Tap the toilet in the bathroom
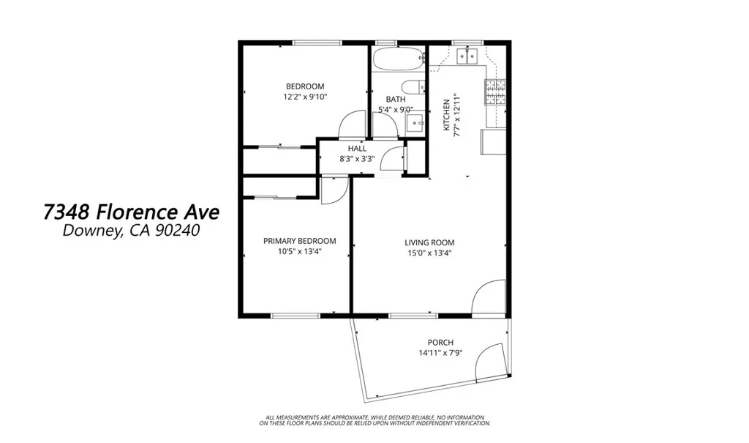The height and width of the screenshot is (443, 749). tap(415, 87)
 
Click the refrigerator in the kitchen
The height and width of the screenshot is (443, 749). tap(492, 141)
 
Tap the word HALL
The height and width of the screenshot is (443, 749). tap(357, 149)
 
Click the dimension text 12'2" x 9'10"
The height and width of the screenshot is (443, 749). tap(304, 97)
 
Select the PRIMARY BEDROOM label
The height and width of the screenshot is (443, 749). tap(299, 241)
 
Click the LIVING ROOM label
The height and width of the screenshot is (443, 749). tap(429, 243)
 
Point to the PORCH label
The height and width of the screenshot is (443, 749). tap(440, 343)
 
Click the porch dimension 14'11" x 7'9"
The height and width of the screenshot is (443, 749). tap(440, 353)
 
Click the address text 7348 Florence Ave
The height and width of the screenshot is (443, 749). tap(131, 212)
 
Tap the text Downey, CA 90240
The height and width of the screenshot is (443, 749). tap(131, 231)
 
